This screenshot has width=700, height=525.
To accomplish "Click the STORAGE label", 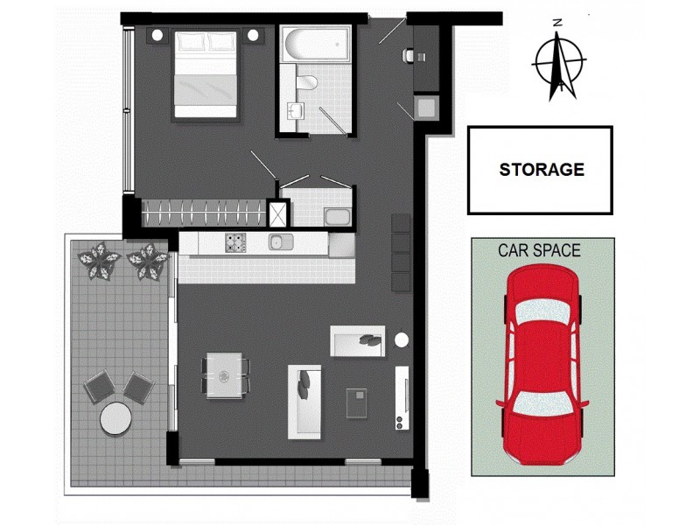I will click(541, 170).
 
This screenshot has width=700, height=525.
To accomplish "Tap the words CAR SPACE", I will click(539, 250).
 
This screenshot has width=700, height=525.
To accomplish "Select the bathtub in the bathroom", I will click(316, 43).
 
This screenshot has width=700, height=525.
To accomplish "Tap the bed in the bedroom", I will click(206, 74).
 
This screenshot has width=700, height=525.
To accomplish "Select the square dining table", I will click(225, 374).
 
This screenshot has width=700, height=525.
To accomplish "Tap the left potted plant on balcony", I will click(98, 260).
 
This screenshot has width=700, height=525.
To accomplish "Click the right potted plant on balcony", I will click(146, 260).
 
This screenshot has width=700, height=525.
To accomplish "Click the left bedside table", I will click(157, 35).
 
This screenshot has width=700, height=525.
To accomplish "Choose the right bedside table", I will click(253, 35).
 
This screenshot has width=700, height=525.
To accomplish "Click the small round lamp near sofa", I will click(402, 339).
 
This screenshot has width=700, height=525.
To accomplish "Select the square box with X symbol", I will click(278, 214).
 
